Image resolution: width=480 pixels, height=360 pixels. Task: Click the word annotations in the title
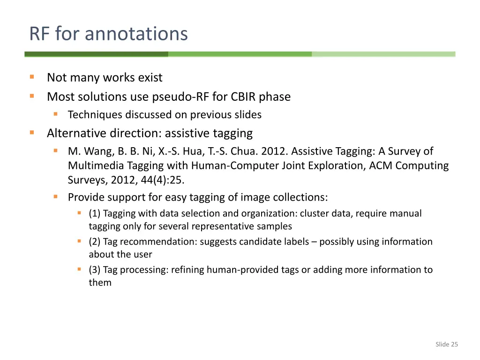click(x=136, y=34)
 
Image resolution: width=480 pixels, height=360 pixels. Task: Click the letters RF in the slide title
click(x=40, y=34)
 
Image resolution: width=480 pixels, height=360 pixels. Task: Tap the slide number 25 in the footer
click(x=454, y=345)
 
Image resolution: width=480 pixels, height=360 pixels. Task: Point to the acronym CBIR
click(x=242, y=97)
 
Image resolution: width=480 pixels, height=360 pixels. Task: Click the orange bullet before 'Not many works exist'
click(x=32, y=77)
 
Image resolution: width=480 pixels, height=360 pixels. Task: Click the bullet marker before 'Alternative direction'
click(x=32, y=133)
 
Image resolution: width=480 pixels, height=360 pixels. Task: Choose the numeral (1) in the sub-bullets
click(x=95, y=214)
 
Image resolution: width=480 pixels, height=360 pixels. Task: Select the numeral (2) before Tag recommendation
click(x=95, y=242)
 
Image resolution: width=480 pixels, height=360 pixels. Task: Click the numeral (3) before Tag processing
click(x=95, y=270)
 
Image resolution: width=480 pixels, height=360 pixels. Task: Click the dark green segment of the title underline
click(x=96, y=54)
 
